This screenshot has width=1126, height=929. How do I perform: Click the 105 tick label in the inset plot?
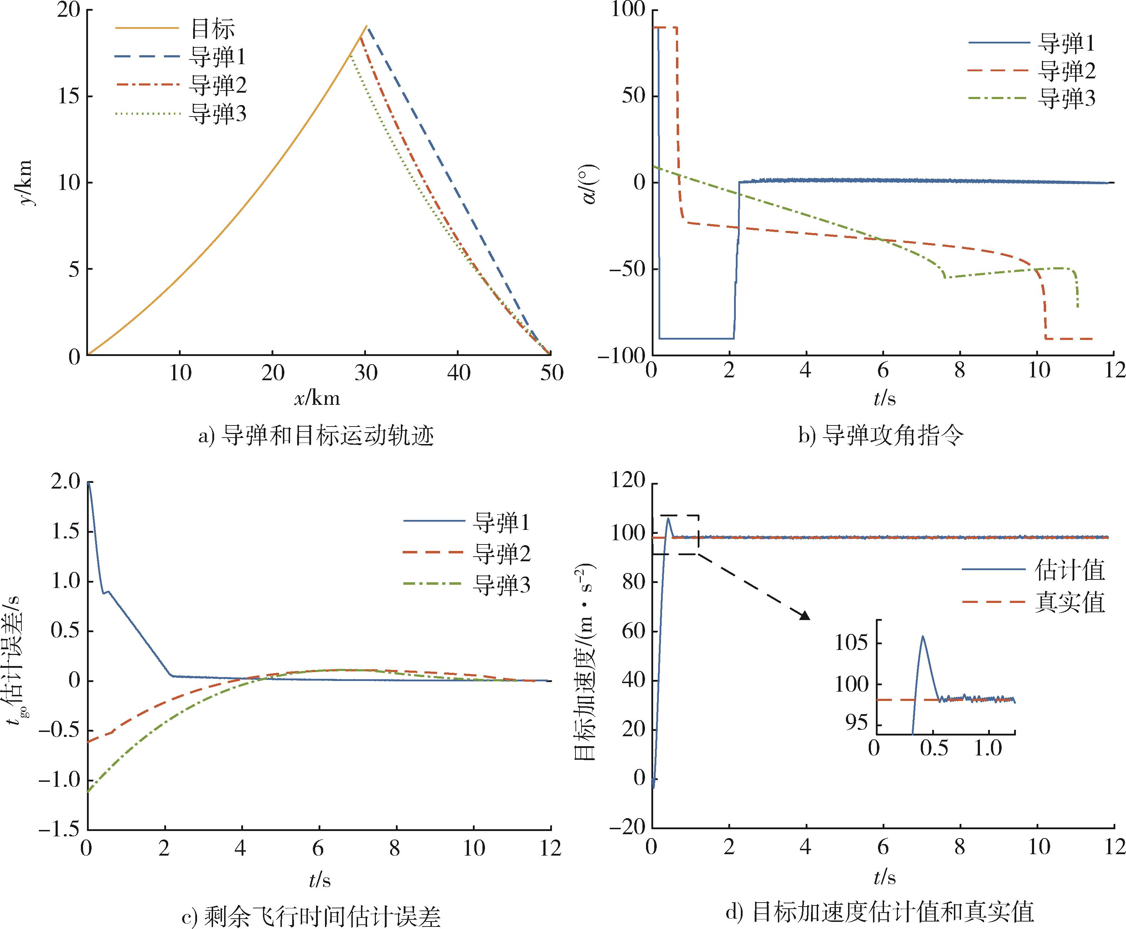click(x=851, y=642)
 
